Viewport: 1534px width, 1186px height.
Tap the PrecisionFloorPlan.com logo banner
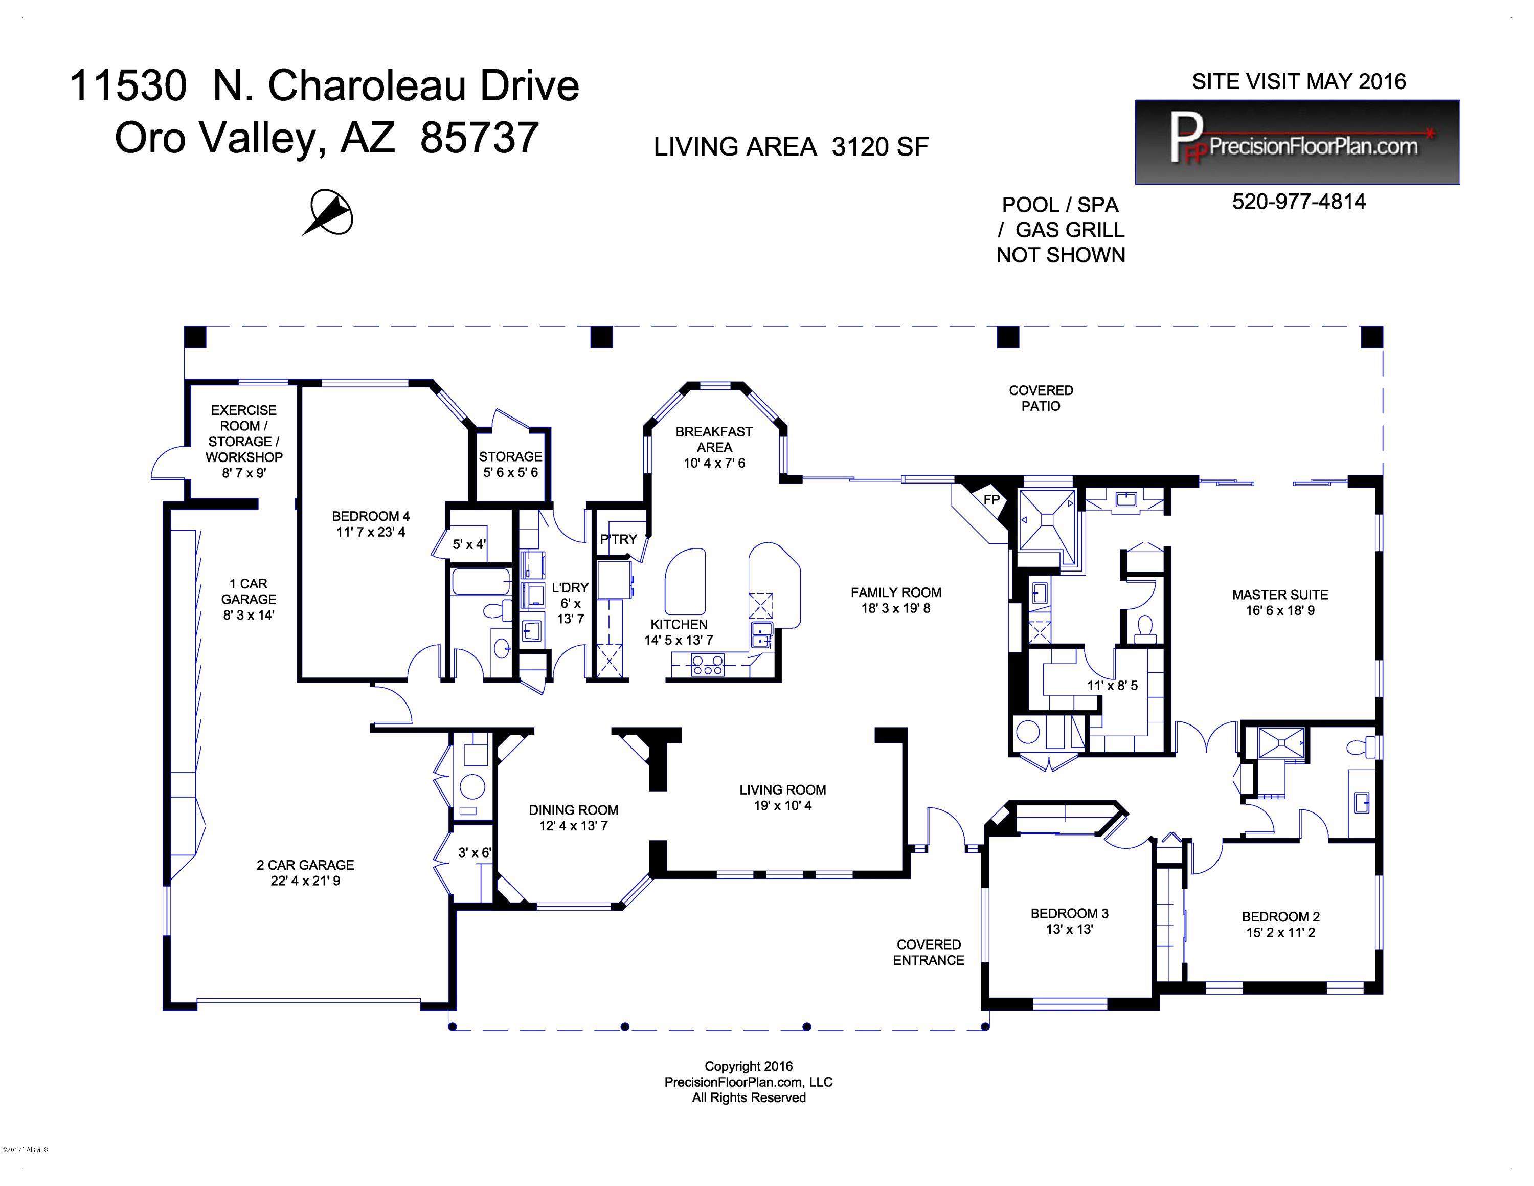[1297, 142]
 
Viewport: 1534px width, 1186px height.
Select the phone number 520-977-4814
[1299, 202]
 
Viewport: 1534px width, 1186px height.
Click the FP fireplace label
[991, 499]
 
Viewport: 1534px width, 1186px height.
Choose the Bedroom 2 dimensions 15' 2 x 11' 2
[1280, 932]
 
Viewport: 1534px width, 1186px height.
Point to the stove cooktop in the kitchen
[707, 664]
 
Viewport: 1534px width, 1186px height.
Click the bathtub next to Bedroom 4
[481, 582]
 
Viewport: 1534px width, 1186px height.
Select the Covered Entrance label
[928, 952]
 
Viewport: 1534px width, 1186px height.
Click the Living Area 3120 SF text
[791, 147]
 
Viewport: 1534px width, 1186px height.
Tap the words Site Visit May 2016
[1299, 81]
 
